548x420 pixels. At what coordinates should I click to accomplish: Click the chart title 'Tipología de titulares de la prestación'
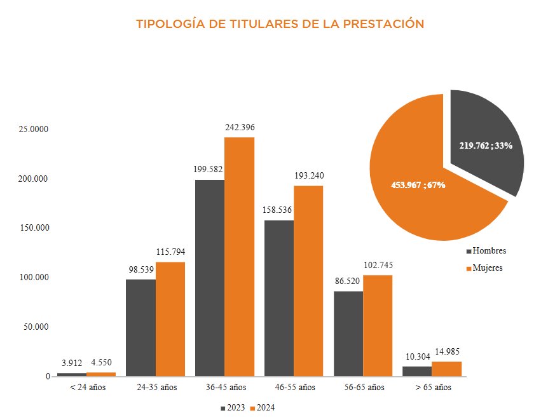[280, 24]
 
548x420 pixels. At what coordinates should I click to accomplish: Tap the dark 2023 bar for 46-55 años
[279, 298]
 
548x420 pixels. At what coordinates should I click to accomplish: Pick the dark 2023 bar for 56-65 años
[348, 334]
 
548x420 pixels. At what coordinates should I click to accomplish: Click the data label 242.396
[240, 128]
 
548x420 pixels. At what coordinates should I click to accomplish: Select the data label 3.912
[72, 363]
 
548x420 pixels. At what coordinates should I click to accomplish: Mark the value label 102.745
[378, 265]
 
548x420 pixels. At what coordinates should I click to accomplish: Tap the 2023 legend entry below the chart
[233, 408]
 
